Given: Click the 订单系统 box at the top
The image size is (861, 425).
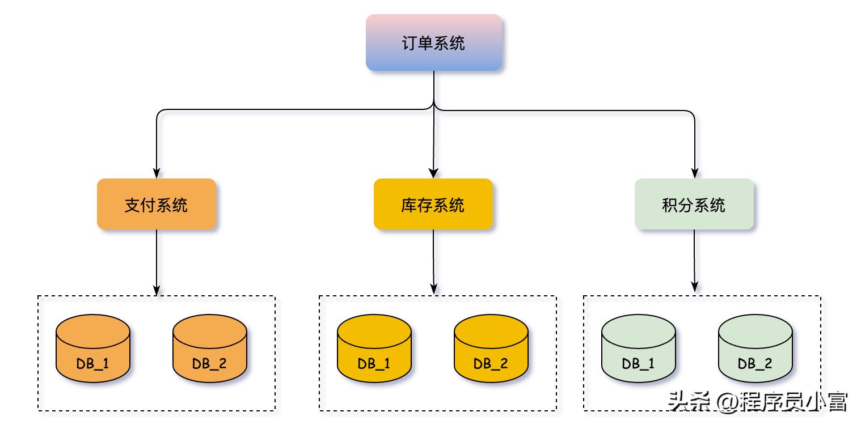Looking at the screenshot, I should [x=433, y=42].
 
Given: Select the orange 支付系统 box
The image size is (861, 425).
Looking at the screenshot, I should [x=156, y=204].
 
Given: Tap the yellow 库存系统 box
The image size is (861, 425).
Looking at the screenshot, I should [x=433, y=204].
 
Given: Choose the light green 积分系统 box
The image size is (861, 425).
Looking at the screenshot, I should [x=694, y=204].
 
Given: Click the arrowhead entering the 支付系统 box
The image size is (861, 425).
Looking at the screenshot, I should [x=156, y=173].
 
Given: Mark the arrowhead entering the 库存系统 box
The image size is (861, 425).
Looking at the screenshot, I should [x=433, y=173].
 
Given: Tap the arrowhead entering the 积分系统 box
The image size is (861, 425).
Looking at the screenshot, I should [x=694, y=173].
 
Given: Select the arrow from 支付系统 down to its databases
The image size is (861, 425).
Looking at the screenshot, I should [x=156, y=261].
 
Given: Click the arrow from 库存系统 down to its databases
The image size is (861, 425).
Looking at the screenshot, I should [x=433, y=261].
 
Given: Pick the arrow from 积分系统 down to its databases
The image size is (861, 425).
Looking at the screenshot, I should [x=694, y=261].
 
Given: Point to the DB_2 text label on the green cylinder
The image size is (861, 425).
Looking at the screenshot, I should [x=755, y=363].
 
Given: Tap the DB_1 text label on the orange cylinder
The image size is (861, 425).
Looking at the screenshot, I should [x=93, y=363].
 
